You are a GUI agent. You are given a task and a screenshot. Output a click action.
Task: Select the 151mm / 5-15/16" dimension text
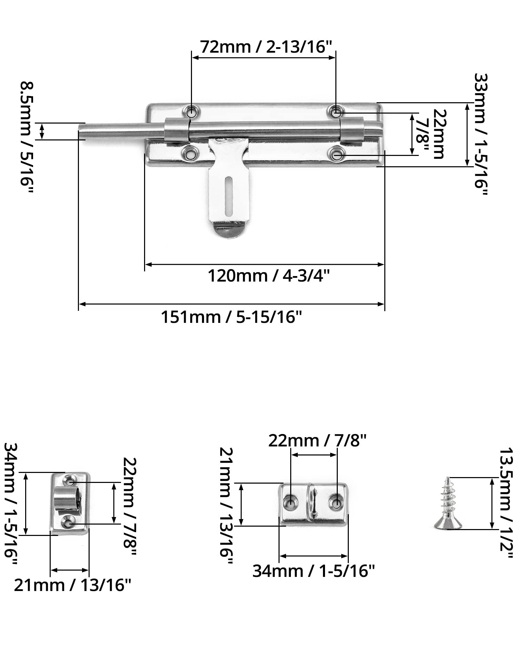[x=231, y=317]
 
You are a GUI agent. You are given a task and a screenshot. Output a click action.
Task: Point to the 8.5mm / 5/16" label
[x=27, y=138]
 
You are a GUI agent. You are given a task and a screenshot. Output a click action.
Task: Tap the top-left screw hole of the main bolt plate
[x=191, y=112]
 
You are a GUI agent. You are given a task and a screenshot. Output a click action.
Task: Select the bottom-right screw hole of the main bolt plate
[x=336, y=154]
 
